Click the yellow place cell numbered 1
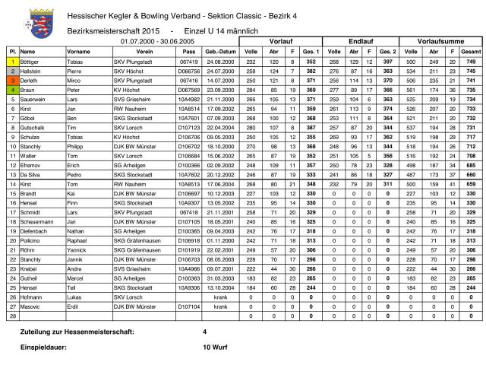(x=13, y=61)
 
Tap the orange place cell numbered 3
(x=13, y=78)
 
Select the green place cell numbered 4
(x=13, y=87)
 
